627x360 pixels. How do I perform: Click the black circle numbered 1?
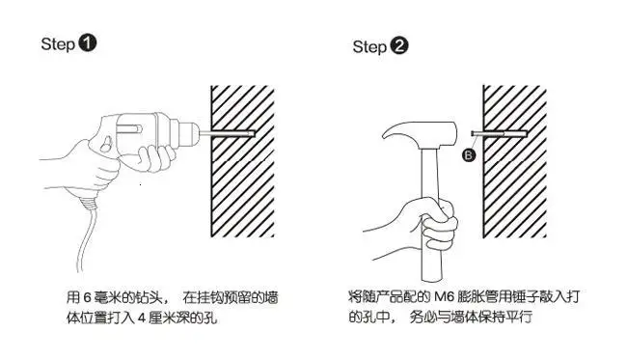(x=88, y=43)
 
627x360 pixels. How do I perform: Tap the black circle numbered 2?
(x=399, y=45)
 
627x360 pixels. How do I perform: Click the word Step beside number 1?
(x=58, y=44)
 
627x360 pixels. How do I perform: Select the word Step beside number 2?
(x=369, y=46)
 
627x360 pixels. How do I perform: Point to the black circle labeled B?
(x=469, y=154)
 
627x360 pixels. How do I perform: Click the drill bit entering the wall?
(x=227, y=133)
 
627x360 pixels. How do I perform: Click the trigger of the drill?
(x=106, y=144)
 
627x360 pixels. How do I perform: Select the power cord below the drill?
(x=87, y=232)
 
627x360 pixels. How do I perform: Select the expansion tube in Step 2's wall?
(x=499, y=133)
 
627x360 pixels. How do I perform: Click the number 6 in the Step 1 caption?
(x=88, y=297)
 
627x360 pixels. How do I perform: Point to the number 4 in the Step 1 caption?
(x=142, y=318)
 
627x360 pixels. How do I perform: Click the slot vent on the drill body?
(x=128, y=128)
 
